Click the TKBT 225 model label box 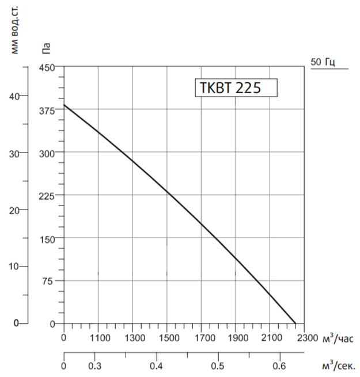tap(236, 88)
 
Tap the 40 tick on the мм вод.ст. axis tap(15, 96)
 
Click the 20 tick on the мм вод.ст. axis tap(15, 210)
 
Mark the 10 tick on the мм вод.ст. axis tap(15, 267)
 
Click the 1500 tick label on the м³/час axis tap(167, 338)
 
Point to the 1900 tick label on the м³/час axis tap(236, 338)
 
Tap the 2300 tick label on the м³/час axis tap(305, 338)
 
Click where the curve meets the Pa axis tap(64, 105)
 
